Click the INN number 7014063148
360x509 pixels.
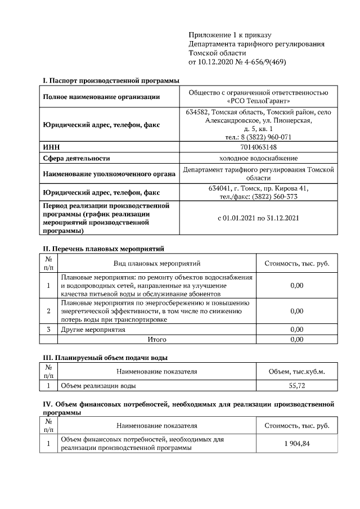[x=259, y=147]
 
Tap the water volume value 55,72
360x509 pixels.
[x=296, y=386]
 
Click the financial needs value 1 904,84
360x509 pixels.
[x=296, y=444]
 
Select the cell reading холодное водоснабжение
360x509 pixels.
[x=259, y=159]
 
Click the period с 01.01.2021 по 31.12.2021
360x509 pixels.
[x=259, y=218]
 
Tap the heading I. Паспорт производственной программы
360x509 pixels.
[x=107, y=82]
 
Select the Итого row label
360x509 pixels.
[x=157, y=340]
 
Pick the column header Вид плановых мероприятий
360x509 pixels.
[x=157, y=263]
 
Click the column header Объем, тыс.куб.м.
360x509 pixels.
[x=296, y=371]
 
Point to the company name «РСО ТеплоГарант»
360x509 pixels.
[x=259, y=101]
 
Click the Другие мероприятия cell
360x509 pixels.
[x=93, y=329]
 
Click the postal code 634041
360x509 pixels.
[x=220, y=188]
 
